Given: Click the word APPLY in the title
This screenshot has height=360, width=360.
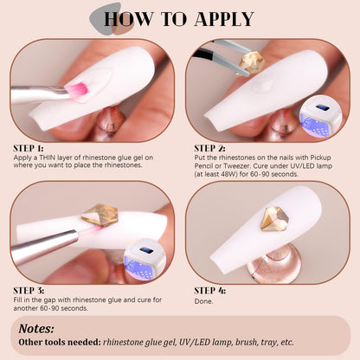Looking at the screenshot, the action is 224,19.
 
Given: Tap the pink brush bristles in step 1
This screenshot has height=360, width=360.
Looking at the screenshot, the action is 77,90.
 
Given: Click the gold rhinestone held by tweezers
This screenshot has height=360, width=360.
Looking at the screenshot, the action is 252,63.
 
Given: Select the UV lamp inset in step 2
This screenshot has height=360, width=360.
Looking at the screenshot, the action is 321,116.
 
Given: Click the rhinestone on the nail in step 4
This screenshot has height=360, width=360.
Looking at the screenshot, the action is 274,219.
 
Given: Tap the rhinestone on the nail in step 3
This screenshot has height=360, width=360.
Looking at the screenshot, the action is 100,215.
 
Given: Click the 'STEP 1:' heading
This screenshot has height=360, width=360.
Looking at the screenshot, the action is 29,149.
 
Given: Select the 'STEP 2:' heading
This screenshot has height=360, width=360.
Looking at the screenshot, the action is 209,149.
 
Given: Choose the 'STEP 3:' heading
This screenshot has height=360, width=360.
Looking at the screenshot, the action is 29,291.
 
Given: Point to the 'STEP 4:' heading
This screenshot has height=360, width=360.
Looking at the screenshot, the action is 210,291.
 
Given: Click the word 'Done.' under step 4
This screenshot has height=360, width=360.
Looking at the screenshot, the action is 203,301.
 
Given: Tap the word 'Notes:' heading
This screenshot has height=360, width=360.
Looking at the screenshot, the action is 36,329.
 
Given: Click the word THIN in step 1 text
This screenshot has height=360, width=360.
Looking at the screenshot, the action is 48,157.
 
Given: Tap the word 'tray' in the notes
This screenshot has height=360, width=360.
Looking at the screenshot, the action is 269,343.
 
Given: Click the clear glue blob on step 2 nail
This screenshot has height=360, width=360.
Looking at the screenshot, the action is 263,85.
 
